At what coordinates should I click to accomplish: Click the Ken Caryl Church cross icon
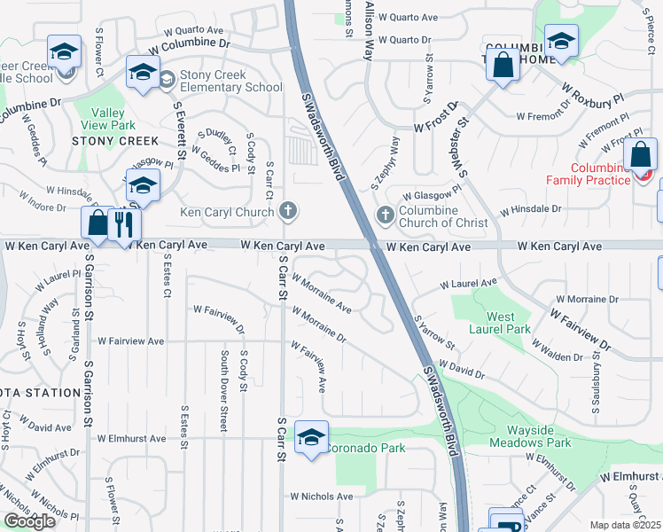click(287, 211)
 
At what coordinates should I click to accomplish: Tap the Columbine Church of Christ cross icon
click(386, 215)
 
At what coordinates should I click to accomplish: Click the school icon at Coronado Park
click(311, 437)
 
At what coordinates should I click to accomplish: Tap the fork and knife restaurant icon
click(124, 224)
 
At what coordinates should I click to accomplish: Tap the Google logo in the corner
click(30, 521)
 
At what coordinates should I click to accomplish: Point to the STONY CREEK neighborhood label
click(115, 141)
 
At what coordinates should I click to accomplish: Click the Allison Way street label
click(369, 29)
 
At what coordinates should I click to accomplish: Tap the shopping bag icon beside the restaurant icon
click(97, 224)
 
